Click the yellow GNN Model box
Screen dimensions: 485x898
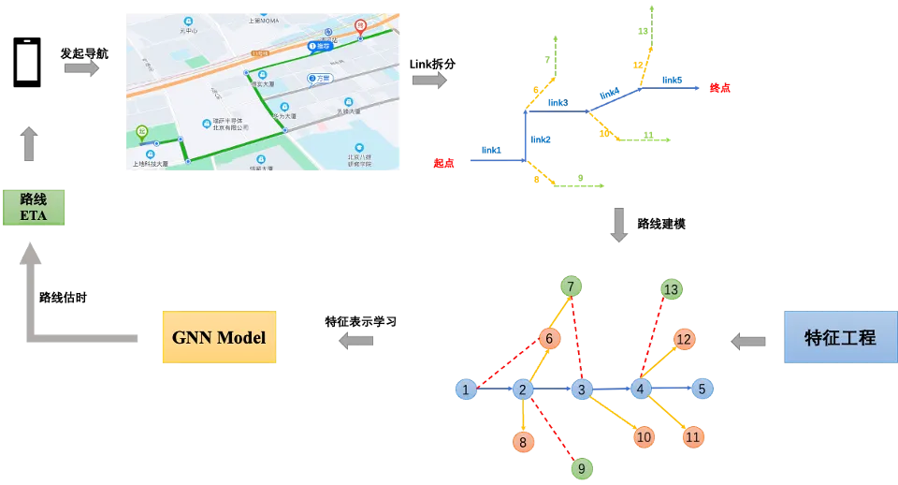[x=219, y=337]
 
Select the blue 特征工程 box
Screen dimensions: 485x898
[x=840, y=337]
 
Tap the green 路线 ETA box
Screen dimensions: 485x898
[x=33, y=207]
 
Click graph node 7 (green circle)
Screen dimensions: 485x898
[x=571, y=286]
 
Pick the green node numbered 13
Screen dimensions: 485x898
[x=671, y=289]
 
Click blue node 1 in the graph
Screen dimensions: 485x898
[x=465, y=389]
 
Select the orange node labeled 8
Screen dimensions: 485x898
[x=522, y=442]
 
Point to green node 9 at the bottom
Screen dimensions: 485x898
[x=581, y=468]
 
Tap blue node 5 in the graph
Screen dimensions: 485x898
[x=702, y=389]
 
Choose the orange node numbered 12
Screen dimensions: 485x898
[x=684, y=339]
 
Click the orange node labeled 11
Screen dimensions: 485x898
[x=692, y=436]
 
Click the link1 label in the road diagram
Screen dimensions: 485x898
[x=491, y=150]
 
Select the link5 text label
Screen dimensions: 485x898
[x=672, y=81]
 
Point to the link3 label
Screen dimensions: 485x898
[x=558, y=102]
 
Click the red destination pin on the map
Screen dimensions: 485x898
[x=360, y=25]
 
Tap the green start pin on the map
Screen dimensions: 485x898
[x=141, y=132]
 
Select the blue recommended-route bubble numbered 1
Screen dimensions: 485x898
[x=319, y=45]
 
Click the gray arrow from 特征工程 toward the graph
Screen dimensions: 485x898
[x=747, y=341]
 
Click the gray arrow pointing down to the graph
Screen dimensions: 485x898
[x=618, y=225]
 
